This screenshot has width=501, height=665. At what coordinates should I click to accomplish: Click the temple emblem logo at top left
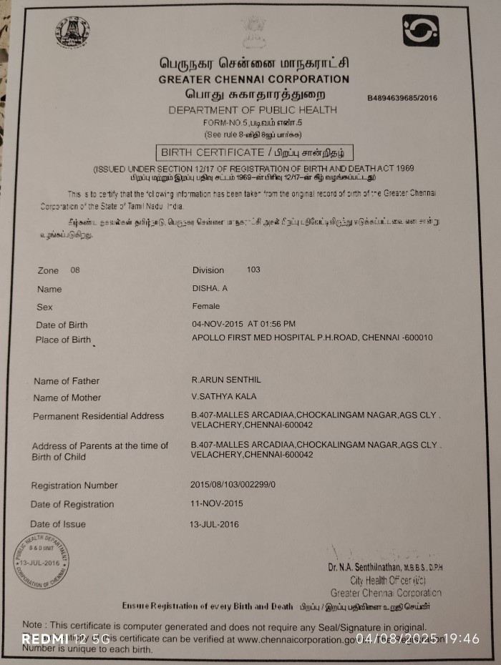[72, 31]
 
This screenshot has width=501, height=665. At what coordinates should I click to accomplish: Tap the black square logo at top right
[420, 31]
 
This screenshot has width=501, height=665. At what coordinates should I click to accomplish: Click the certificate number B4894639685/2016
[402, 98]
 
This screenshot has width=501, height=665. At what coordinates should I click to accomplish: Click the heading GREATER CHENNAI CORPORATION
[253, 79]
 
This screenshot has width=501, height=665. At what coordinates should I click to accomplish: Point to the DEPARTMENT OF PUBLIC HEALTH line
[253, 110]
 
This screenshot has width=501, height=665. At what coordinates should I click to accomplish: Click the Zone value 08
[76, 270]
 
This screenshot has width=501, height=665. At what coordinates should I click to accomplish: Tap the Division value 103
[253, 270]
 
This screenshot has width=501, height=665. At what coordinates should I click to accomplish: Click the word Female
[206, 306]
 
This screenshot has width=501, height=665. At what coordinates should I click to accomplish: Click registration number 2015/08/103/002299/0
[233, 485]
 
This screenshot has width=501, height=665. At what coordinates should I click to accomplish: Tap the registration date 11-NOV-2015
[217, 503]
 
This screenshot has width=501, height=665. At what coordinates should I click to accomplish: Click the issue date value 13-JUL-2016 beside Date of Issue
[214, 523]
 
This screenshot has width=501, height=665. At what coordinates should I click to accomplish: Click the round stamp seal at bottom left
[42, 562]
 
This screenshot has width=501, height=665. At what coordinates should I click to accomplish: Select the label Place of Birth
[63, 340]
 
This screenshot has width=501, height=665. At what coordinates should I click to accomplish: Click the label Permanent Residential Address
[98, 415]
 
